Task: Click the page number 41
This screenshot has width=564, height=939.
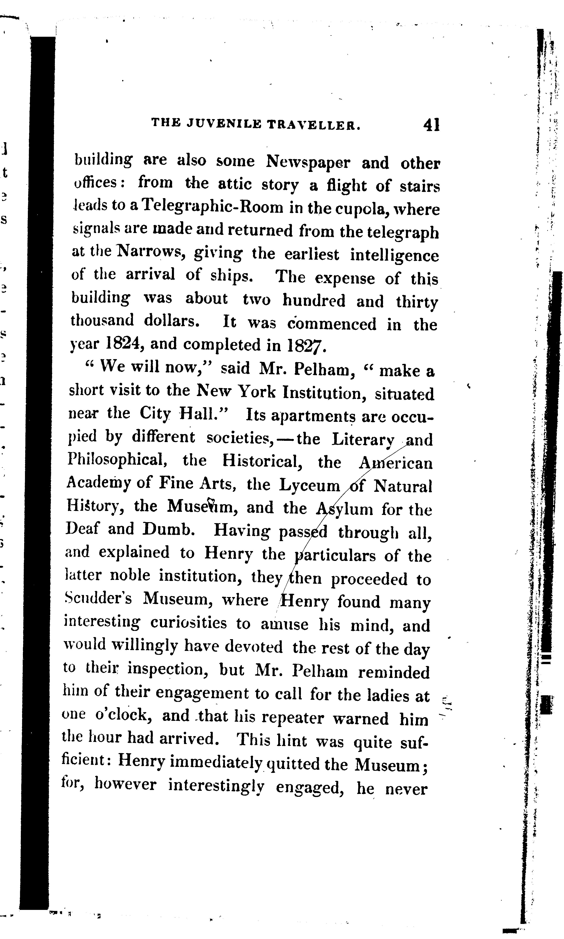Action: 431,125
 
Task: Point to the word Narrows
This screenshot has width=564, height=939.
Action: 150,251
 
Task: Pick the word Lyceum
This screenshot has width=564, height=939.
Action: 310,485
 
